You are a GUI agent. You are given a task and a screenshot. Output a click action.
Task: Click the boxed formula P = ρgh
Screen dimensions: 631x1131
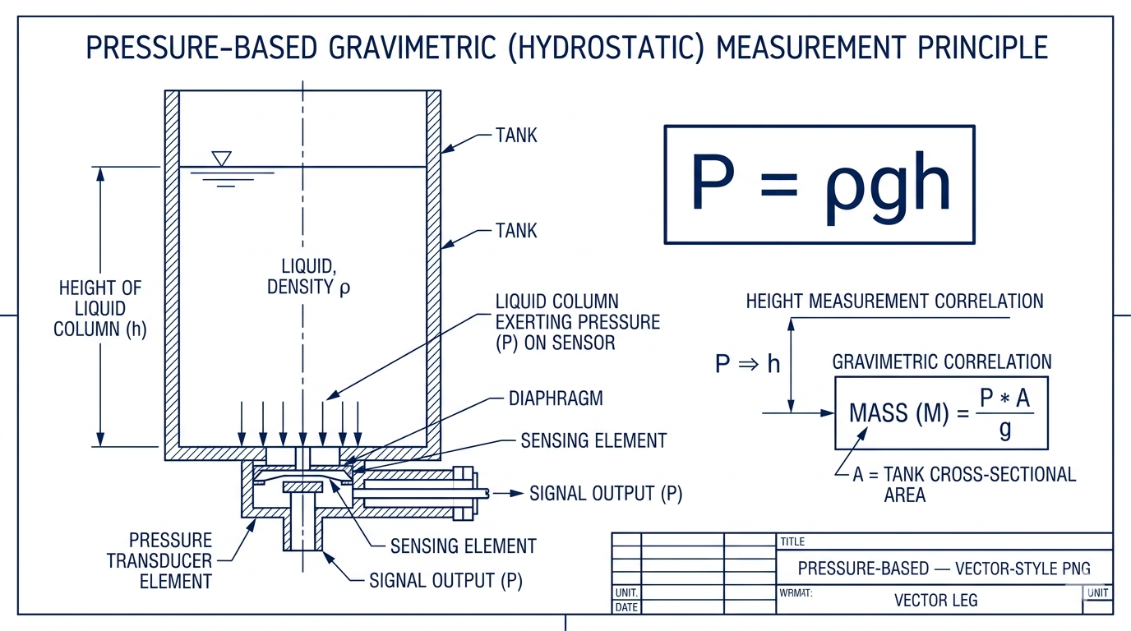819,184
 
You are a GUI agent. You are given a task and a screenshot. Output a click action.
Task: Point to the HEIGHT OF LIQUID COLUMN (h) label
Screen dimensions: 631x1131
99,309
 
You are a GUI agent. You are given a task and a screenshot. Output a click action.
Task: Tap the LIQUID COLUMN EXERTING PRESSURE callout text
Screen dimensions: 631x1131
577,322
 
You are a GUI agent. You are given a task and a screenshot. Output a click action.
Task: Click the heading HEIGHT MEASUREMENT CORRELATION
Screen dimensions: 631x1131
894,302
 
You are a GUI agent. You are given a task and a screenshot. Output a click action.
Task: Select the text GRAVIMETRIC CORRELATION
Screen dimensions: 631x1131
941,362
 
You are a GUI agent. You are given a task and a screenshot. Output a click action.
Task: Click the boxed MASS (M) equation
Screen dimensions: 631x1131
941,413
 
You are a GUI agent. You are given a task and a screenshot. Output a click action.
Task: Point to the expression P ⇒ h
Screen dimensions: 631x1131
747,364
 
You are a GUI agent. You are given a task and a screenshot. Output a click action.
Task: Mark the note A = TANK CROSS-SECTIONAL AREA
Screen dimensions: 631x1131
963,485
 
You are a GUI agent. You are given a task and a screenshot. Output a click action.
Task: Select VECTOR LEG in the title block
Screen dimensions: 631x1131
935,601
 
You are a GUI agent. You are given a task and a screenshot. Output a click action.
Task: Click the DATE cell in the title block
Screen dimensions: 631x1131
626,607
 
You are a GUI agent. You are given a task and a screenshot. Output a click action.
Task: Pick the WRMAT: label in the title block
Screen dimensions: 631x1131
795,592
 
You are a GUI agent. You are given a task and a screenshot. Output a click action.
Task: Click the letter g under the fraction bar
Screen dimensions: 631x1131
1004,430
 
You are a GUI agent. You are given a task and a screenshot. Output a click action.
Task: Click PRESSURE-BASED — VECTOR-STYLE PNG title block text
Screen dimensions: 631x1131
944,569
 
